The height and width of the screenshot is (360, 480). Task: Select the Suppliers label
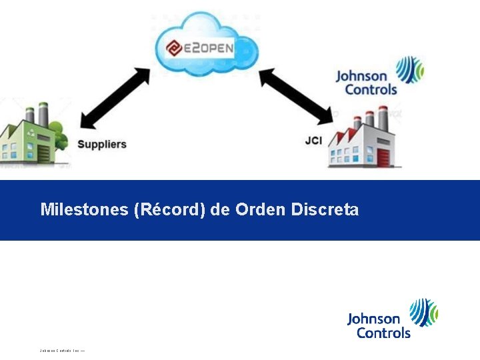(x=102, y=144)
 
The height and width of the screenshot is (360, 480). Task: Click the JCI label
(x=313, y=141)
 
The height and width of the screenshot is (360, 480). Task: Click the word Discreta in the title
(x=325, y=210)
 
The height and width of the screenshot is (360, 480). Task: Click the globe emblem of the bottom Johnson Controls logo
(x=424, y=311)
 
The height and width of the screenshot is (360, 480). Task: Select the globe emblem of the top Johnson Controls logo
(x=410, y=69)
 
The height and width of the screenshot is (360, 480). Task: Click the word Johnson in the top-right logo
(x=361, y=76)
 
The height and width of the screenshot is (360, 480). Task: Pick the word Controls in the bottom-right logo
(x=383, y=332)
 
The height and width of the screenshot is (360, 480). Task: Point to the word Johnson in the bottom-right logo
(x=373, y=319)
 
